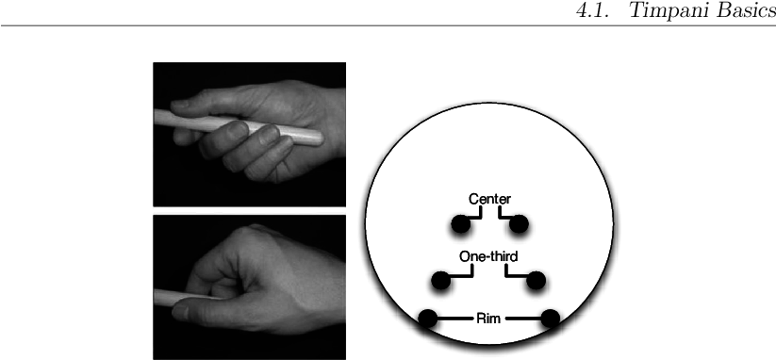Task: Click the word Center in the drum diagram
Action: [489, 199]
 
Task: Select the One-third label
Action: [488, 256]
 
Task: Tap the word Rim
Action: [488, 319]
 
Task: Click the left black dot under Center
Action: [461, 224]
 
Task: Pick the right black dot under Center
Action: [519, 224]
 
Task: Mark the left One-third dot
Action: [440, 280]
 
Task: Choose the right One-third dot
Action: [537, 280]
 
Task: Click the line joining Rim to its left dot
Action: [454, 319]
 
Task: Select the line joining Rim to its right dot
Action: [523, 319]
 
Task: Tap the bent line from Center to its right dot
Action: [501, 216]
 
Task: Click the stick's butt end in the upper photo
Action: [316, 137]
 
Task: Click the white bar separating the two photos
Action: [249, 210]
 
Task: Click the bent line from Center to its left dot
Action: [477, 216]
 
